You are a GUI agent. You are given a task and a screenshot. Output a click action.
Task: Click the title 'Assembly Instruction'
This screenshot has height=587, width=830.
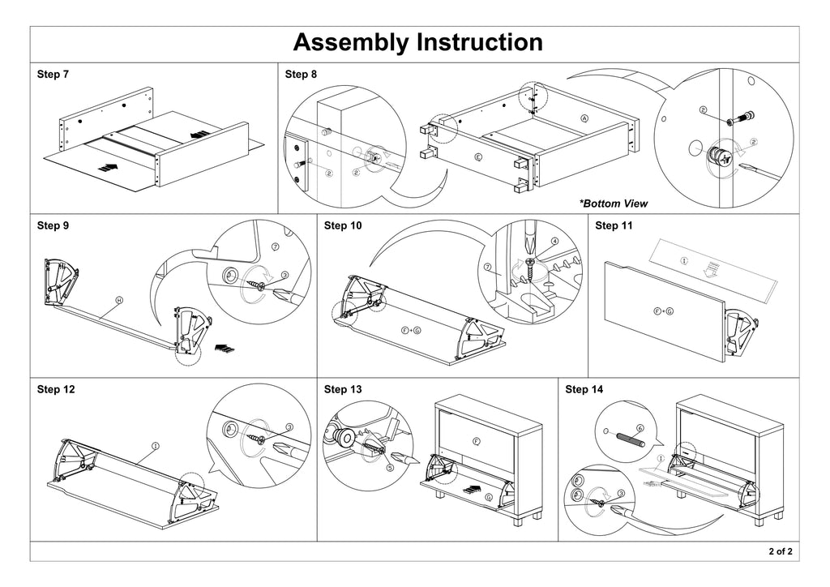(x=417, y=42)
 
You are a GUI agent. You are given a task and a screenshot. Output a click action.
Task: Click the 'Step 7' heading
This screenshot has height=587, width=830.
(x=53, y=75)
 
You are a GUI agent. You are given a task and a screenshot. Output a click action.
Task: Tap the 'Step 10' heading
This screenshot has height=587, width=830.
(x=343, y=225)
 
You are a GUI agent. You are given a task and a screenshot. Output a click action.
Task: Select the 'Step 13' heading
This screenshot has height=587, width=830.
(x=343, y=389)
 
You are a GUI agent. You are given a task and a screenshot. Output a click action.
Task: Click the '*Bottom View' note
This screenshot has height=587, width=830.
(x=614, y=204)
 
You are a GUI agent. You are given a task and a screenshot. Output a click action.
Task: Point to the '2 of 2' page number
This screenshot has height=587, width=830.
(x=781, y=552)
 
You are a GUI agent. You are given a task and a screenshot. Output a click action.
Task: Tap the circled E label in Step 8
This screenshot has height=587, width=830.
(x=478, y=157)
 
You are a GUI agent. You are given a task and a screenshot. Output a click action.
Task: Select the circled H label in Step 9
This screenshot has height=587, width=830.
(x=119, y=300)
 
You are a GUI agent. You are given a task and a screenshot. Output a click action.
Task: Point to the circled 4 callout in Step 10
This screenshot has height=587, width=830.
(x=554, y=241)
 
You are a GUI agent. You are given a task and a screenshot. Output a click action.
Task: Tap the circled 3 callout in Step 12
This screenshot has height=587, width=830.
(x=289, y=426)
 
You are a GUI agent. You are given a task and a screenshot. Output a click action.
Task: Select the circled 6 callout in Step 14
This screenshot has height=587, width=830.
(x=640, y=428)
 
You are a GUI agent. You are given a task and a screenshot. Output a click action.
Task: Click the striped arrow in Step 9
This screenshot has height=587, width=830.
(x=224, y=349)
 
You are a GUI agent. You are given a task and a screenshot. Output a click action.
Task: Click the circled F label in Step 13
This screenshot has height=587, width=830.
(x=476, y=440)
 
